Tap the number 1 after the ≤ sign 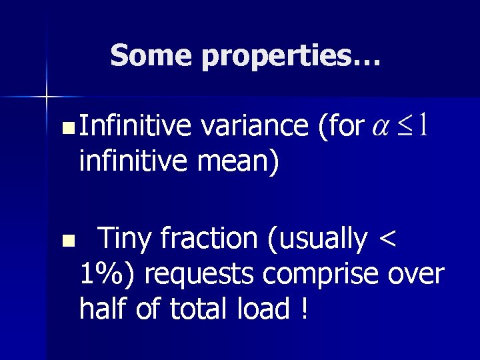(422, 123)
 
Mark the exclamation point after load (304, 309)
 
